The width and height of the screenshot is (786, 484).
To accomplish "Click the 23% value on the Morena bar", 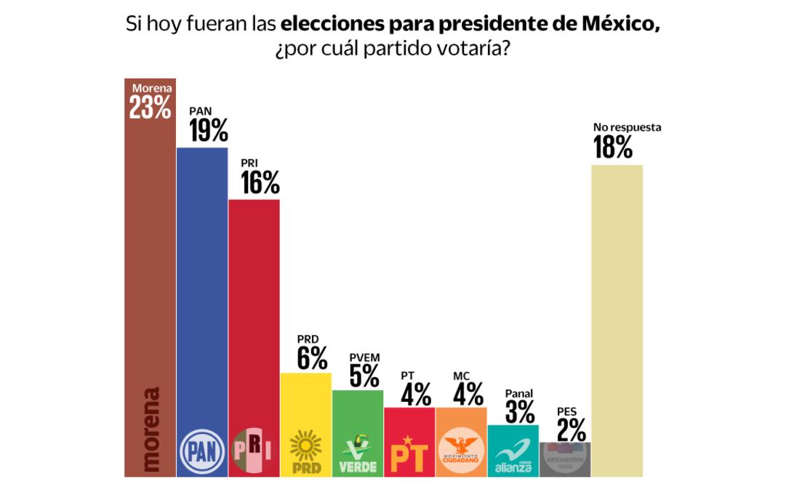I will pyautogui.click(x=151, y=108).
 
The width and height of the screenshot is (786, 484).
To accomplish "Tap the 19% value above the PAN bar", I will pyautogui.click(x=209, y=131).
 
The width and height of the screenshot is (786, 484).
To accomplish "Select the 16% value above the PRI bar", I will pyautogui.click(x=260, y=183).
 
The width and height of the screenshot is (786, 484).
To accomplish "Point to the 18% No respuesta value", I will pyautogui.click(x=613, y=148).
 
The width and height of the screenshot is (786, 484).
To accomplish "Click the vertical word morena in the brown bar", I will pyautogui.click(x=151, y=429).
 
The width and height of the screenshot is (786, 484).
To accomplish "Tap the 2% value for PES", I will pyautogui.click(x=571, y=430).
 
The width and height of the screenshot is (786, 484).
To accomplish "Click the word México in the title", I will pyautogui.click(x=623, y=24).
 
